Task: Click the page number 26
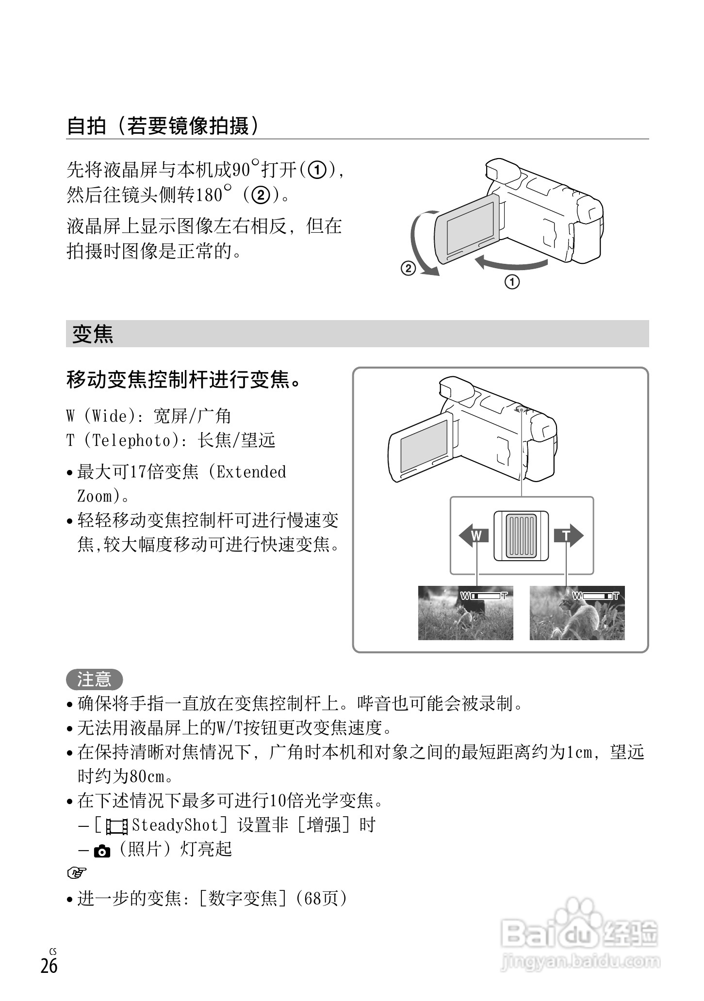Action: click(49, 966)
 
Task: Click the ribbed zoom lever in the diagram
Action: click(521, 536)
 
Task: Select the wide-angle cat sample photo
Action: click(465, 613)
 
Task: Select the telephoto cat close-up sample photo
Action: click(577, 613)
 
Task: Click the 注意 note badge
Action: click(94, 679)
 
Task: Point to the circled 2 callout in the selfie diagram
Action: click(408, 268)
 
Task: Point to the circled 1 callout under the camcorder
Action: click(512, 281)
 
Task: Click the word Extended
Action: click(251, 472)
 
